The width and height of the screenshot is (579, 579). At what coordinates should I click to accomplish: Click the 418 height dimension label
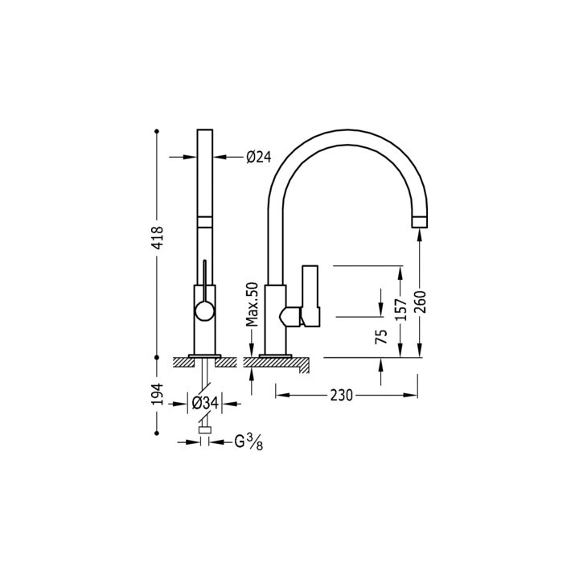click(x=158, y=240)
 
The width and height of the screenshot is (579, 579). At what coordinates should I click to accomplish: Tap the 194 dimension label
click(x=158, y=395)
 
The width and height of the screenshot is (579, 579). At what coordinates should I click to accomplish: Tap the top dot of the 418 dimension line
click(x=158, y=130)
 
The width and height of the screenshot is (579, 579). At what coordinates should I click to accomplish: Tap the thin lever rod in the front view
click(x=204, y=277)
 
